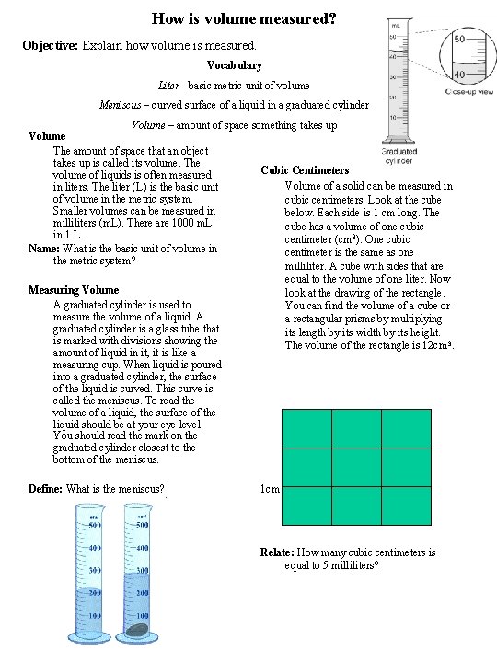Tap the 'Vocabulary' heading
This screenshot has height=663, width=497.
(x=235, y=65)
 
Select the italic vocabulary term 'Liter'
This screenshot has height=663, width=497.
(x=169, y=86)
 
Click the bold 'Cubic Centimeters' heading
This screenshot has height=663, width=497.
(x=305, y=170)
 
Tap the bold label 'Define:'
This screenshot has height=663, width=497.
(x=46, y=489)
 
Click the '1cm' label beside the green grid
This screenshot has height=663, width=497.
(x=270, y=490)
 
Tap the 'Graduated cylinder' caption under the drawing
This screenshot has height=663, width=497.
(x=398, y=156)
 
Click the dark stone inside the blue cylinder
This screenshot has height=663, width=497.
(x=139, y=630)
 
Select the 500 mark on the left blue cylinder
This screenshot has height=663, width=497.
(x=94, y=526)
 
